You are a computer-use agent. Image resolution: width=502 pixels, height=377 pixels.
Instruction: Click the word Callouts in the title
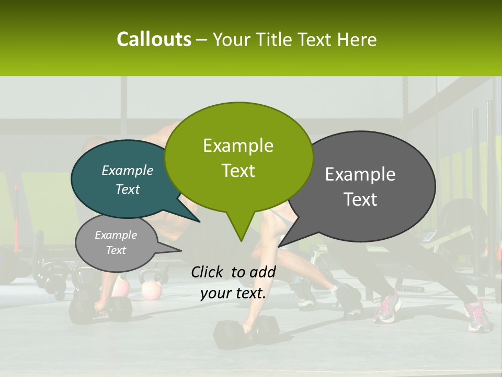click(x=154, y=39)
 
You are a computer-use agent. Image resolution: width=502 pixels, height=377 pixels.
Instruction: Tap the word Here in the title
click(x=357, y=40)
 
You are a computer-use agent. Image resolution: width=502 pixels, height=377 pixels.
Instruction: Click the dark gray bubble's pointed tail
click(x=291, y=239)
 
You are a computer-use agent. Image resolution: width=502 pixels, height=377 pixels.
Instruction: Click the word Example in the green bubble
click(x=238, y=146)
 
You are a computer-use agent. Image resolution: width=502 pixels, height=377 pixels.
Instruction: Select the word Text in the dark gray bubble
click(x=361, y=199)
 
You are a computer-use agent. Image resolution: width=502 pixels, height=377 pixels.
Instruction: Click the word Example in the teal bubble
click(x=127, y=170)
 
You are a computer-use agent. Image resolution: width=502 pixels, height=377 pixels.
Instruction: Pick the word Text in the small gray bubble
click(x=116, y=250)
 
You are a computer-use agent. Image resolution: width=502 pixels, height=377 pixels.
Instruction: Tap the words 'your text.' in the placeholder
click(x=233, y=293)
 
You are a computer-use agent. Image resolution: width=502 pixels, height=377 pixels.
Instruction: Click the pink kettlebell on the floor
click(x=152, y=290)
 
